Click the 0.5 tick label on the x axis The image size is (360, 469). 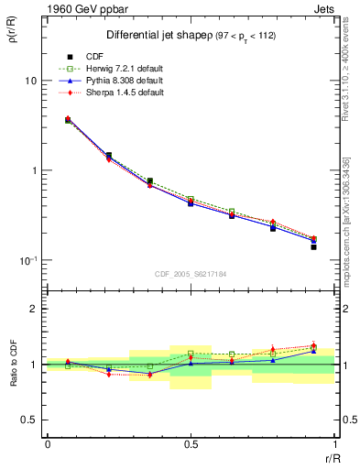pos(190,444)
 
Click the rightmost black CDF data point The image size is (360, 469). pos(313,247)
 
